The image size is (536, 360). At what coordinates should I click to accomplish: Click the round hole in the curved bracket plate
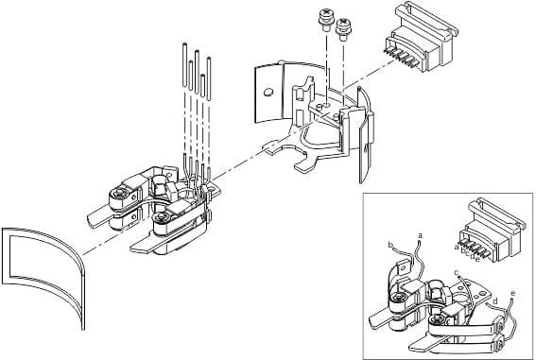point(268,93)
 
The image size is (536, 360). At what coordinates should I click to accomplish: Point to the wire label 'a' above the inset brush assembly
point(419,231)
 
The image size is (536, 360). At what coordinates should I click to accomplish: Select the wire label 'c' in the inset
point(458,273)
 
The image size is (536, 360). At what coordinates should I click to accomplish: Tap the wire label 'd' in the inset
point(493,300)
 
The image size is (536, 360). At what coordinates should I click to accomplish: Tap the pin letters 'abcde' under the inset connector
point(467,250)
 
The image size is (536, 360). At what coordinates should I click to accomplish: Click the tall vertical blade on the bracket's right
point(366,142)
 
